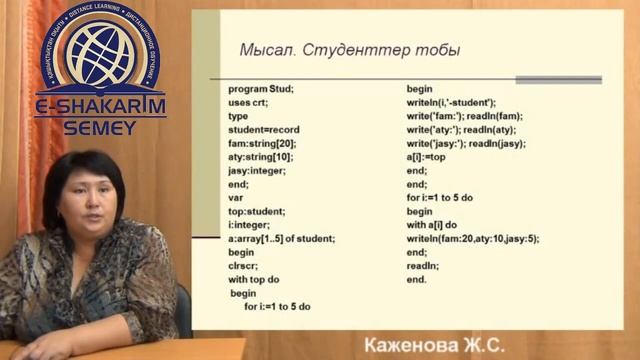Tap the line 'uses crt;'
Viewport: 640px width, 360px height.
click(250, 102)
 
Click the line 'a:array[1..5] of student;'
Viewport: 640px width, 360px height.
click(281, 238)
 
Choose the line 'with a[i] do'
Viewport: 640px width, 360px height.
click(431, 225)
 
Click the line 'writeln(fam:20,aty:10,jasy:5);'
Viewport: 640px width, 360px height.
click(473, 238)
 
